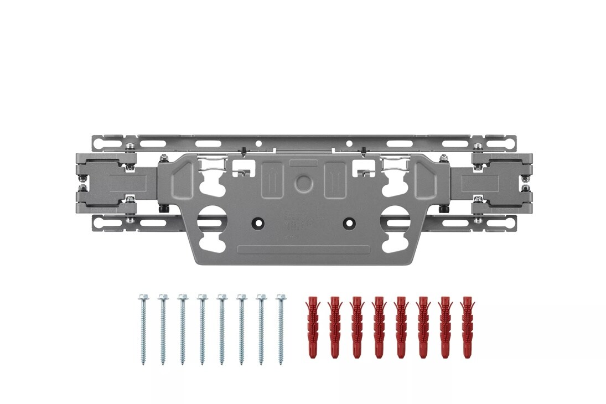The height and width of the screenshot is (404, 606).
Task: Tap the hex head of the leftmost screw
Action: coord(142,298)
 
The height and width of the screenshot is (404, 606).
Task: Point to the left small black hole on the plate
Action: coord(257,222)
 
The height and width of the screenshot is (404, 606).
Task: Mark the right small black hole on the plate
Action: coord(349,222)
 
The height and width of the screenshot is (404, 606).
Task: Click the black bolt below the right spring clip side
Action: coord(443,210)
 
